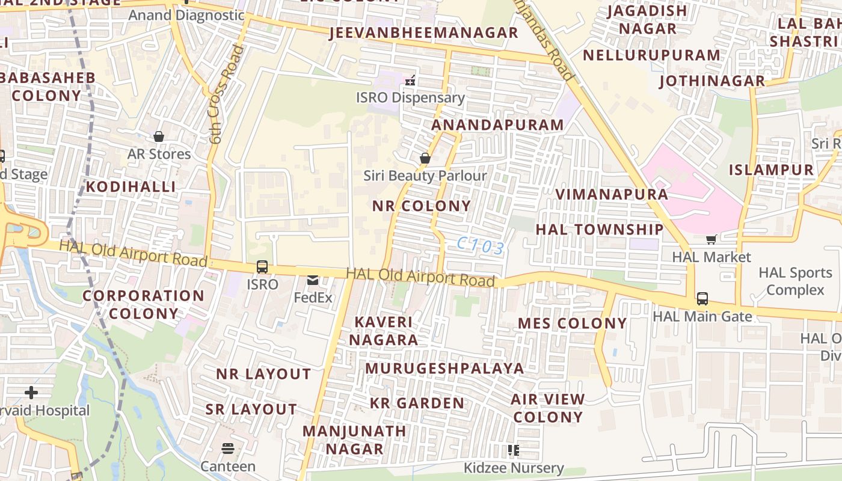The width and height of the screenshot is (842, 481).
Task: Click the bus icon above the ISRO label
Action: point(262,267)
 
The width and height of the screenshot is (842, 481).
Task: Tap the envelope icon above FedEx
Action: point(313,280)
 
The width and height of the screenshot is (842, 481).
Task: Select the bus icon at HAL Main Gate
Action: point(702,299)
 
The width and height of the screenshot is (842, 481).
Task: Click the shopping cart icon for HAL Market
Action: point(711,240)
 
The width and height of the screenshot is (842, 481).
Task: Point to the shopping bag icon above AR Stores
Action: point(159,137)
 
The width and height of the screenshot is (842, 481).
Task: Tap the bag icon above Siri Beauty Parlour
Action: point(425,159)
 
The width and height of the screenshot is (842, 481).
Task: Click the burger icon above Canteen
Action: point(227,449)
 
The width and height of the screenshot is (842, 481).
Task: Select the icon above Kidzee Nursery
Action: point(513,450)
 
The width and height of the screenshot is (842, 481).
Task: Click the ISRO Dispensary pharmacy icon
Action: point(411,80)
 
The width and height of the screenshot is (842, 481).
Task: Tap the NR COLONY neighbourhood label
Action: point(421,206)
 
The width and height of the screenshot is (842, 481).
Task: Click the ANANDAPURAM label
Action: point(497,125)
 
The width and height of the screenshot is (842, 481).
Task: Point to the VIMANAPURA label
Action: point(611,194)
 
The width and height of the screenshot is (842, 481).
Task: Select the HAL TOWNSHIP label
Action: point(599,230)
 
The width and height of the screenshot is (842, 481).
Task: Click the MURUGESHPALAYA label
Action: point(444,368)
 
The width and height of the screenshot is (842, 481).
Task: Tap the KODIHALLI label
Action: point(131,186)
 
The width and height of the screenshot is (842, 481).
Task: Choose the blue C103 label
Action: point(480,246)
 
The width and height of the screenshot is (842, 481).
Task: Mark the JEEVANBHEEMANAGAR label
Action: point(423,32)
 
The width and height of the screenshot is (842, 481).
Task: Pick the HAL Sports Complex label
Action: point(795,281)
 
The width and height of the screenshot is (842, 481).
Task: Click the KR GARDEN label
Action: point(417,403)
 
